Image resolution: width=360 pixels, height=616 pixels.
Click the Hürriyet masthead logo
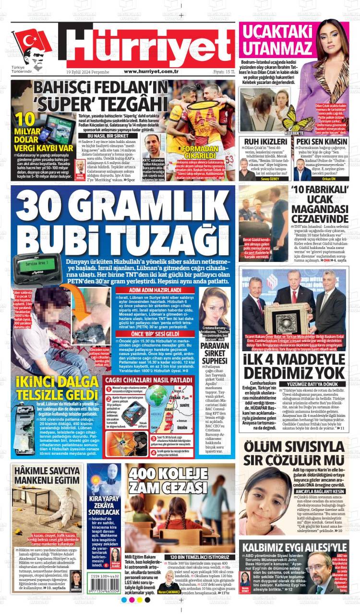(150, 45)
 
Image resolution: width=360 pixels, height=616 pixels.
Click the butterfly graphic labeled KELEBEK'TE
(294, 119)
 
